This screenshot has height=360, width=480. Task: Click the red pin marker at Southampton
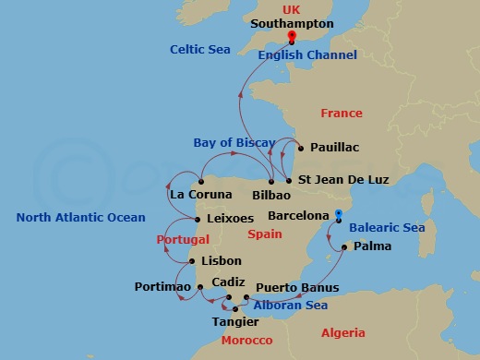pos(291,37)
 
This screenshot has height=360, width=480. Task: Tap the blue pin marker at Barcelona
pos(340,215)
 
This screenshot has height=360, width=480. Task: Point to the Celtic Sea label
pos(198,48)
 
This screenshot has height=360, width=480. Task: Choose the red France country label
pos(341,114)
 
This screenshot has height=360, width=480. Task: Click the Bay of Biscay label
pos(234,142)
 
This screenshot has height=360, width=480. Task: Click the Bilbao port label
pos(270,196)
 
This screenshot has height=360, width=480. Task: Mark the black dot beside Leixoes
pos(198,219)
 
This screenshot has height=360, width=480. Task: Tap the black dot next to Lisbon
pos(191,261)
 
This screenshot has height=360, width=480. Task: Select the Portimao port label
pos(162,287)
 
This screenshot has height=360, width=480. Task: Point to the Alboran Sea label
pos(290,306)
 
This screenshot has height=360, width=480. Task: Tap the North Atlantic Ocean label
pos(81,218)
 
